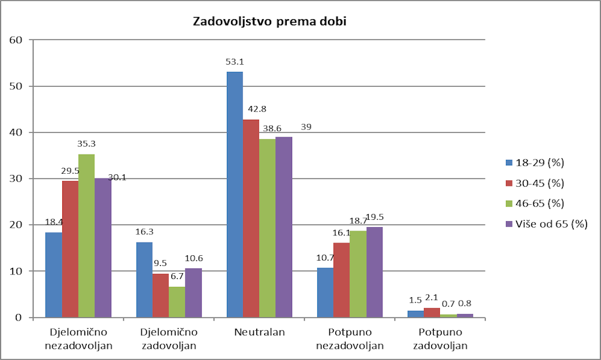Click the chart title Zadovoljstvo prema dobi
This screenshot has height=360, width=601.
269,22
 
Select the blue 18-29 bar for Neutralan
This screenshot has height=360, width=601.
235,194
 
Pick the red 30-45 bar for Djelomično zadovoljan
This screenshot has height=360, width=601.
160,295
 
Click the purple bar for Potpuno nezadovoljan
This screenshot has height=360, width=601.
374,272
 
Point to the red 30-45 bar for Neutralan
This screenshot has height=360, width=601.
251,218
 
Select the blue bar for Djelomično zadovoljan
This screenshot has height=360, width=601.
144,279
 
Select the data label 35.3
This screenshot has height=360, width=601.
87,144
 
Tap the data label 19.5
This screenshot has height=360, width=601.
374,217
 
